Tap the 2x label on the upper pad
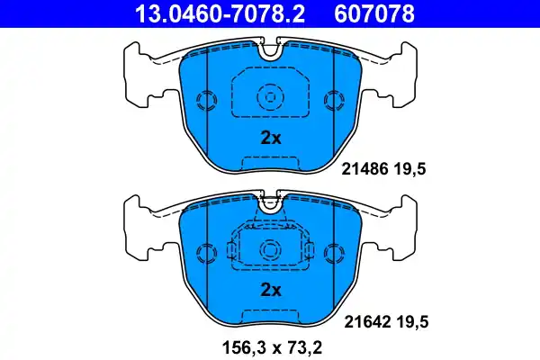pyautogui.click(x=271, y=138)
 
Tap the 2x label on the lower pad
pyautogui.click(x=271, y=290)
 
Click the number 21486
pyautogui.click(x=363, y=167)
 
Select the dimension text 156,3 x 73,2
pyautogui.click(x=270, y=346)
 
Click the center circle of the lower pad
pyautogui.click(x=270, y=249)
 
